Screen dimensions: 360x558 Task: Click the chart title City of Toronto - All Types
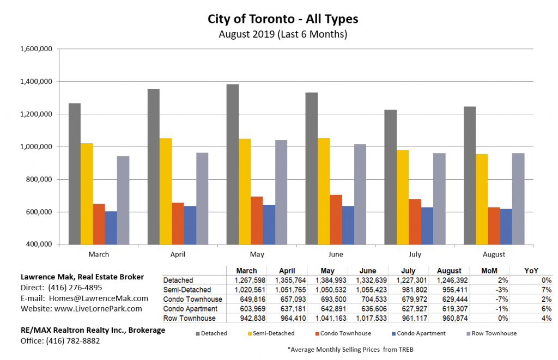point(283,19)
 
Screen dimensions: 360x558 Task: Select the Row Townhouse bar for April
point(202,198)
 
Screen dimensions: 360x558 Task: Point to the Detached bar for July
point(390,177)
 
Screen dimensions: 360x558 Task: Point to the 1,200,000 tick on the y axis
point(36,114)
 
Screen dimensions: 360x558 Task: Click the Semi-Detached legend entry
point(275,333)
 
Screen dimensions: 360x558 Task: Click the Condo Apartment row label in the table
point(190,308)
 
